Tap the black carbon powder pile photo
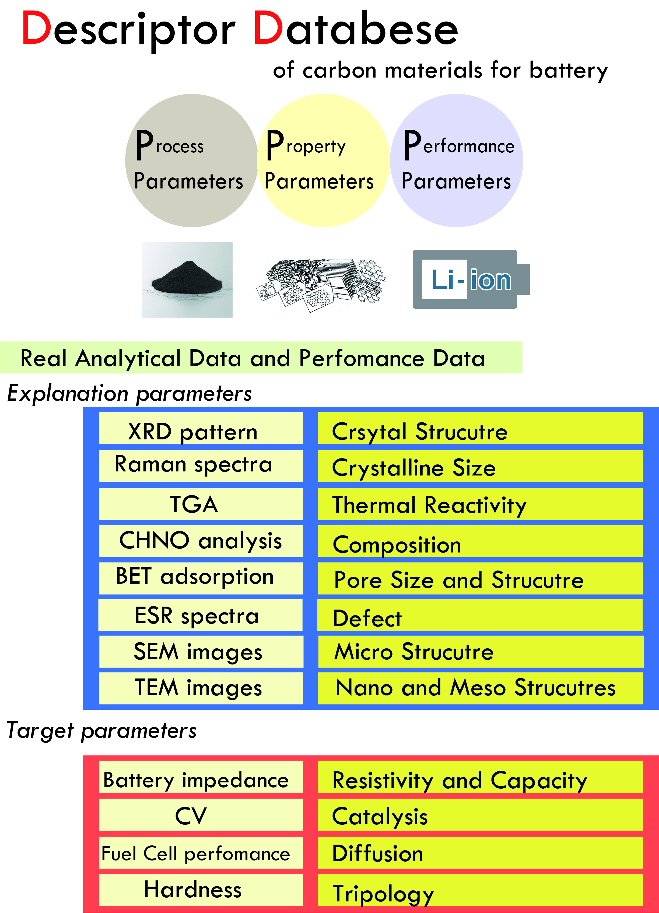187,279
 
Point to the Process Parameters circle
191,160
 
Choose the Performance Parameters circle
457,160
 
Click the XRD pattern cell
201,428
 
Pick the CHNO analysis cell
201,541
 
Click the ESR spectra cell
201,615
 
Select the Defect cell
480,615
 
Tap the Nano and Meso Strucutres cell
480,688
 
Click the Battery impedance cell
201,776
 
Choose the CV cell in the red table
201,814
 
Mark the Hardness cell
201,889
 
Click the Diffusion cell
480,852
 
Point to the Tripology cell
480,889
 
